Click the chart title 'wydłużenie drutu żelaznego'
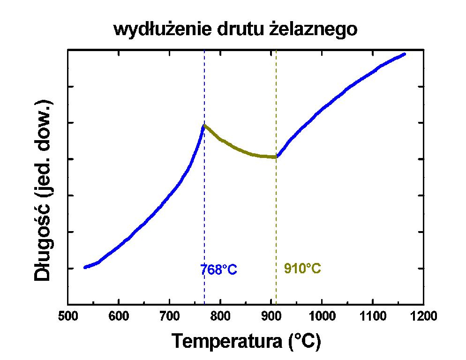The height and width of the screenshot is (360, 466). (235, 30)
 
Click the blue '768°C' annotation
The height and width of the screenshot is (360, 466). (218, 270)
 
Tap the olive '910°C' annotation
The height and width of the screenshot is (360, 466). (302, 269)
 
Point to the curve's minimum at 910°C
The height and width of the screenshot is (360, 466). (276, 157)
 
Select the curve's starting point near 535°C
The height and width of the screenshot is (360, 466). (85, 267)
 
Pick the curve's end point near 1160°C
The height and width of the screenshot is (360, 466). (404, 54)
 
